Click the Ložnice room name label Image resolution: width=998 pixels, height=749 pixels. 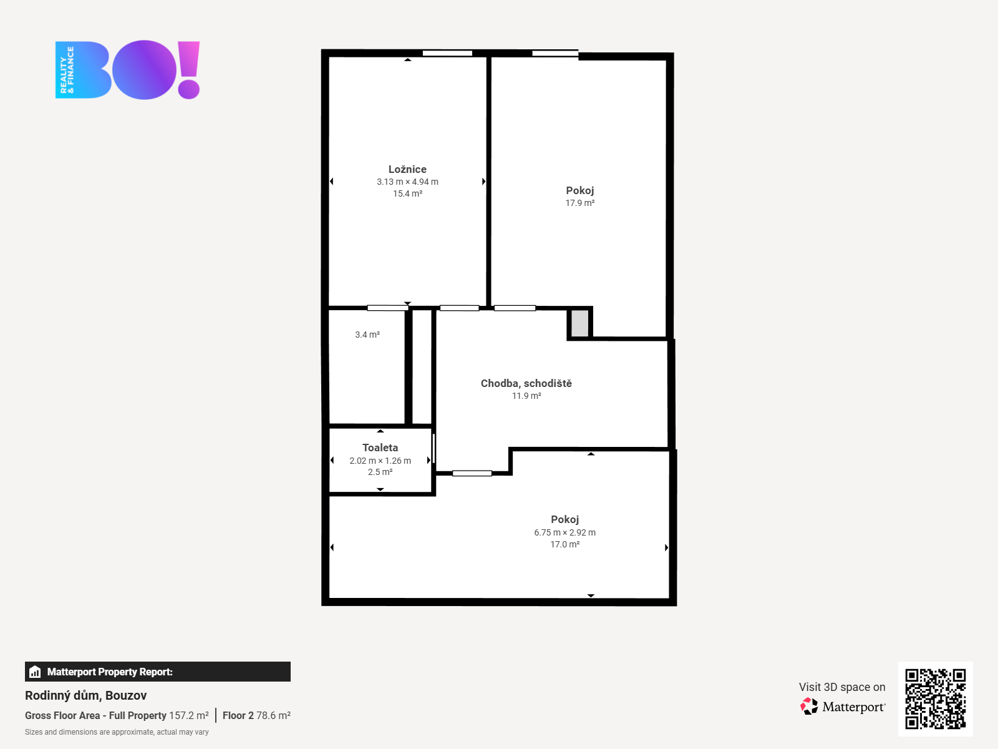coord(407,169)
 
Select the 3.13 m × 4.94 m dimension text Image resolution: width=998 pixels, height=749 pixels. coord(407,182)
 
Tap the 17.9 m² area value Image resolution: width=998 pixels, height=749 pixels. coord(579,203)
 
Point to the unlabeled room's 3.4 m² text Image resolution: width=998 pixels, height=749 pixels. coord(367,335)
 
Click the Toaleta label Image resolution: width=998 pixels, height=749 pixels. coord(380,448)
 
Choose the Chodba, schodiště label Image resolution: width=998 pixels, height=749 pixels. coord(526,383)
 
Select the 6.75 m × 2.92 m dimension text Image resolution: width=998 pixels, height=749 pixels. coord(564,532)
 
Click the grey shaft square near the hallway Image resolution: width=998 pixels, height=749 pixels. coord(579,323)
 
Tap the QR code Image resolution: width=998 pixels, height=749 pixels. coord(935,699)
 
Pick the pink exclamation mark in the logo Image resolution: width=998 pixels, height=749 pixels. coord(189,69)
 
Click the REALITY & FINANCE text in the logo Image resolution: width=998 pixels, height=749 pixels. coord(67,69)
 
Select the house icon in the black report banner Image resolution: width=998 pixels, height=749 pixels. coord(35,672)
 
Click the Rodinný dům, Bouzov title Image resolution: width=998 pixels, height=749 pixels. coord(86,695)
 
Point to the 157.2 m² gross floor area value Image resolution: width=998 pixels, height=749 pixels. coord(189,715)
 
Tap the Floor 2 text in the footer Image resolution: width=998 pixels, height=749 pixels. coord(238,715)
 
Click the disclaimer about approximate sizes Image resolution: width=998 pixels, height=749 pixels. coord(117,732)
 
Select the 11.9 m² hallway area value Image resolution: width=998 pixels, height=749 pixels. coord(526,396)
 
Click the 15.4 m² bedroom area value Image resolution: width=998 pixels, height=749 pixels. coord(407,193)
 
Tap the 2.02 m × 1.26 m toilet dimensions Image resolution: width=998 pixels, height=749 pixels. coord(380,461)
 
